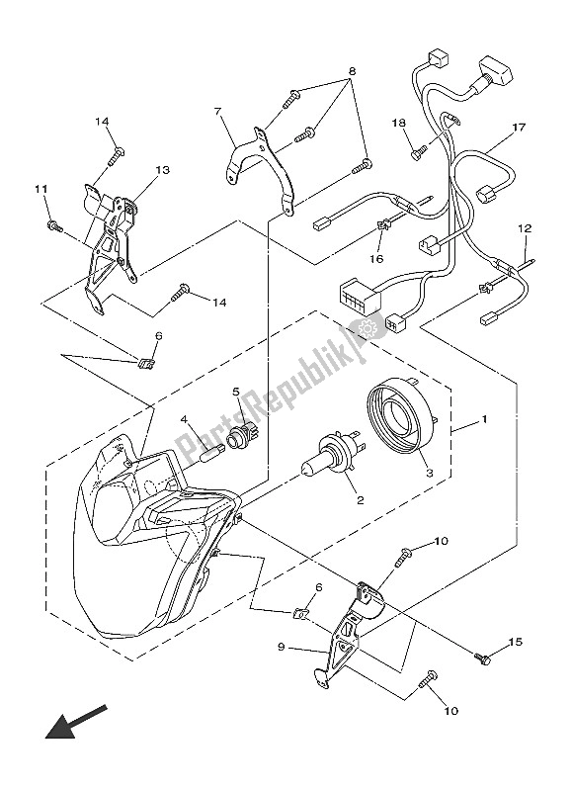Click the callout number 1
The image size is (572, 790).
(484, 418)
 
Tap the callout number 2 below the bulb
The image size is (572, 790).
(360, 500)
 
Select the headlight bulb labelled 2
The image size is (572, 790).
(333, 455)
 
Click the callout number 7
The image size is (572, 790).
(217, 111)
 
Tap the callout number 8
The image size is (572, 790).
(352, 71)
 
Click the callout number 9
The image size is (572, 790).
(282, 648)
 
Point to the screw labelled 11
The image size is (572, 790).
(54, 226)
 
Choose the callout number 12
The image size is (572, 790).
(525, 229)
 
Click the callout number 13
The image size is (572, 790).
(163, 170)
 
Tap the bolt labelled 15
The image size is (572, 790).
(482, 658)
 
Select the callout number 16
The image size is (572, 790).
(376, 259)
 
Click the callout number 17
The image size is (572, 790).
(519, 128)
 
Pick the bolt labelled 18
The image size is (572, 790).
(419, 152)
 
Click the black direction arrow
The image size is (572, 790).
(76, 722)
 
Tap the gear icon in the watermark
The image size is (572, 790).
(368, 328)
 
